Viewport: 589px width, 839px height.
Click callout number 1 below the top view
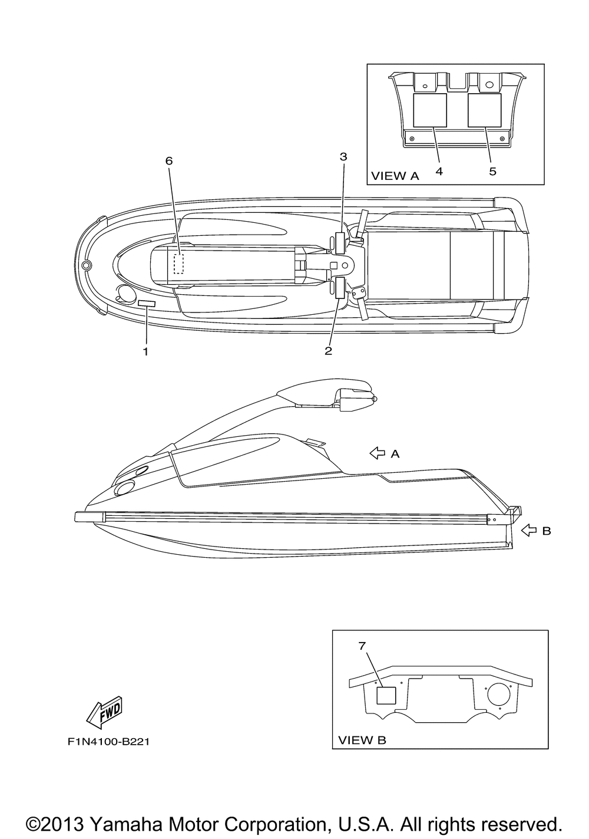pyautogui.click(x=145, y=351)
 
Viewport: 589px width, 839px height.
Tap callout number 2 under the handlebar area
pyautogui.click(x=328, y=351)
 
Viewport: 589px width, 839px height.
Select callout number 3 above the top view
pyautogui.click(x=343, y=157)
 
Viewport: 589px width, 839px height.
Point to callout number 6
pyautogui.click(x=169, y=161)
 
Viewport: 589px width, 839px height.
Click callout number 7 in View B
pyautogui.click(x=362, y=646)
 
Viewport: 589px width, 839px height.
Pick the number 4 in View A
pyautogui.click(x=439, y=171)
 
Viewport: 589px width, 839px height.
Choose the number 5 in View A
pyautogui.click(x=492, y=171)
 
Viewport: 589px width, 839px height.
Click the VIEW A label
pyautogui.click(x=395, y=176)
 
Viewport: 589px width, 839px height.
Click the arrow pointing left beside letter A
pyautogui.click(x=377, y=453)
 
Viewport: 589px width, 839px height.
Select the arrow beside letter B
pyautogui.click(x=529, y=531)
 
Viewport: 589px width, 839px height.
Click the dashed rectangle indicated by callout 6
pyautogui.click(x=179, y=264)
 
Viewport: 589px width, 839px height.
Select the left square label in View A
pyautogui.click(x=430, y=110)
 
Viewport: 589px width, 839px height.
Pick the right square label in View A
pyautogui.click(x=484, y=110)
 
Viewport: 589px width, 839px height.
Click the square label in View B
pyautogui.click(x=386, y=695)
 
